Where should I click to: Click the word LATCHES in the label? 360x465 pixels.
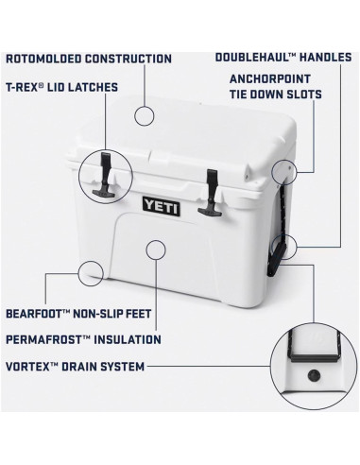click(92, 87)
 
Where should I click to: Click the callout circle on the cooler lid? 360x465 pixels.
click(144, 115)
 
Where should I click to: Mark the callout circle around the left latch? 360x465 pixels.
click(105, 175)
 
